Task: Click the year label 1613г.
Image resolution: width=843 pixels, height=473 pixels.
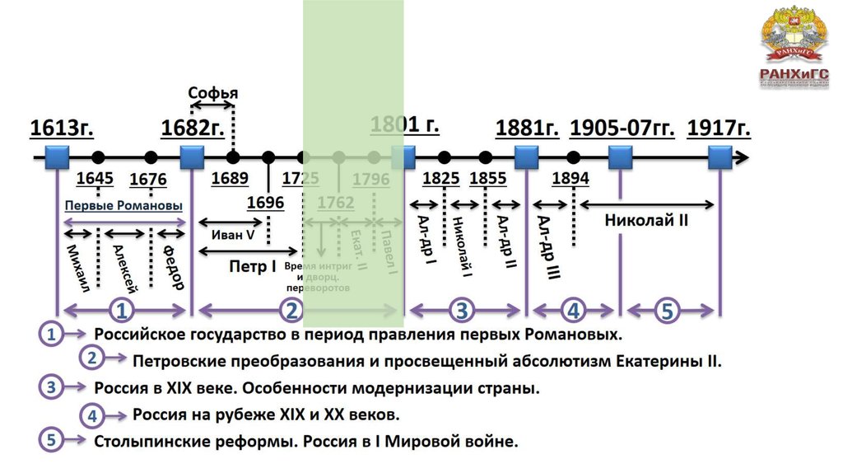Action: coord(62,129)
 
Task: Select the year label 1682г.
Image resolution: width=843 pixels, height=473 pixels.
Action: coord(193,129)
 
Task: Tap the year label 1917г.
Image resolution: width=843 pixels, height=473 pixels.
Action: coord(719,129)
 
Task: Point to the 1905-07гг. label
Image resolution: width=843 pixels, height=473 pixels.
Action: coord(622,129)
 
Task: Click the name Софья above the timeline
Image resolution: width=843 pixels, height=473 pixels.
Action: coord(212,91)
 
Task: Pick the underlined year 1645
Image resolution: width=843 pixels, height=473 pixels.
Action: coord(94,179)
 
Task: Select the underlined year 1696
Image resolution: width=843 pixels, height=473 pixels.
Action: coord(265,203)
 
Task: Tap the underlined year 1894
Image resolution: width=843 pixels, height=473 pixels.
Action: coord(571,179)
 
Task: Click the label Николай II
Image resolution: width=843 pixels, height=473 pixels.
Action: coord(646,220)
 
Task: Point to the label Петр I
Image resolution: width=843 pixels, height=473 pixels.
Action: coord(252,266)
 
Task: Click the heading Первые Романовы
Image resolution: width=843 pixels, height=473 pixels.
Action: coord(123,205)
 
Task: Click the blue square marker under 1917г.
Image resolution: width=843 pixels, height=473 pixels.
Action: coord(720,157)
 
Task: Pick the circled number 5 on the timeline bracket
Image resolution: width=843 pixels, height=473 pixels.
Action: coord(667,311)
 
